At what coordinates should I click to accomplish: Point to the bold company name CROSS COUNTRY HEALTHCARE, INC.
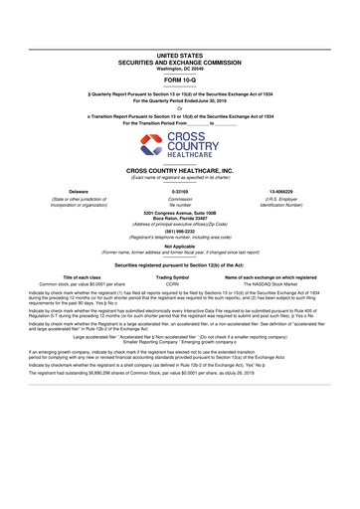coord(180,171)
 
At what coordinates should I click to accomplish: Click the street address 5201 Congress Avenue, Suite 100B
coord(180,214)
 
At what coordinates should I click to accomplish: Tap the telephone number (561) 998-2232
coord(180,232)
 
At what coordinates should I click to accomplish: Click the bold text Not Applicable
coord(180,247)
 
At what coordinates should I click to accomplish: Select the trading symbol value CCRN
coord(180,284)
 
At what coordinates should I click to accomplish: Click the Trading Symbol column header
coord(180,277)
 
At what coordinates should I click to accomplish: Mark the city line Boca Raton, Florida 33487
coord(180,220)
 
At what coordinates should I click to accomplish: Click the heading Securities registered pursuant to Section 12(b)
coord(180,265)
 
